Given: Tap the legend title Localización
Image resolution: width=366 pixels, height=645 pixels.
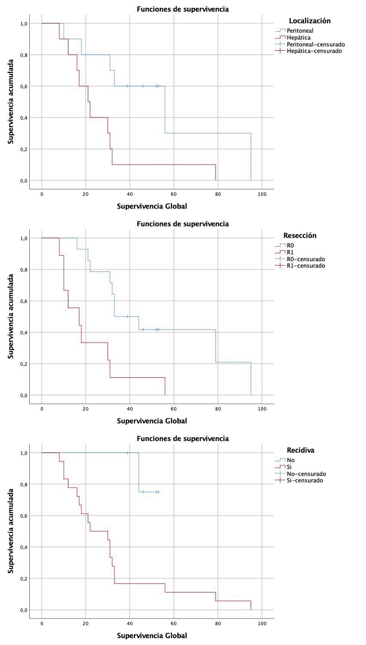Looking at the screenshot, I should [x=310, y=21].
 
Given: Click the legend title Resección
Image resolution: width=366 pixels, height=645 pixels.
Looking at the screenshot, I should [x=300, y=235].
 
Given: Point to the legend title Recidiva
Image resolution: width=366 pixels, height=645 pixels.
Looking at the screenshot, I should [x=299, y=450].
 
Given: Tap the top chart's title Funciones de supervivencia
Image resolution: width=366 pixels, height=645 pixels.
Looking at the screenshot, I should [x=183, y=9].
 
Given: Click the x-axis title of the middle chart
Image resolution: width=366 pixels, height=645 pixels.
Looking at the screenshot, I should [x=152, y=420].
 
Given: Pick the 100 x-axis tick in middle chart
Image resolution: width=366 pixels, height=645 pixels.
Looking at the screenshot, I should [x=262, y=408].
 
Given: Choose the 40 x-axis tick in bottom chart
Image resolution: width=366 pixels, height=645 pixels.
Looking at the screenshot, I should [x=130, y=623].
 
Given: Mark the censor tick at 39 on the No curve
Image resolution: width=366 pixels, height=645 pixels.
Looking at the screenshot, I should [x=128, y=453].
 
